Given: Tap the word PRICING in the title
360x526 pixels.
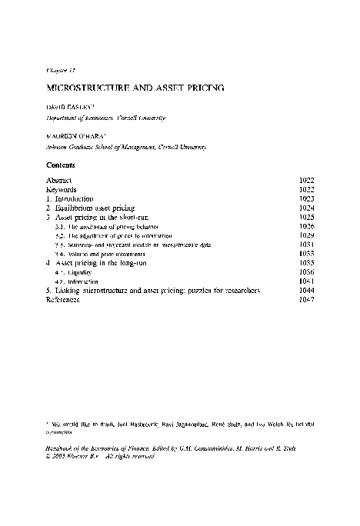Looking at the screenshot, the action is tap(201, 88).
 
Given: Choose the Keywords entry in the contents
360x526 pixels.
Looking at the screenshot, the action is tap(63, 188).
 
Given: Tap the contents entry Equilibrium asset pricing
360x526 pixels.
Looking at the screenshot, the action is tap(95, 208).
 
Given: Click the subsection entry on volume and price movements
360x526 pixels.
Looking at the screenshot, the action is tap(99, 254).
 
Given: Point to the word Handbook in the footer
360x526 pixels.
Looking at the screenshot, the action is tap(63, 448).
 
